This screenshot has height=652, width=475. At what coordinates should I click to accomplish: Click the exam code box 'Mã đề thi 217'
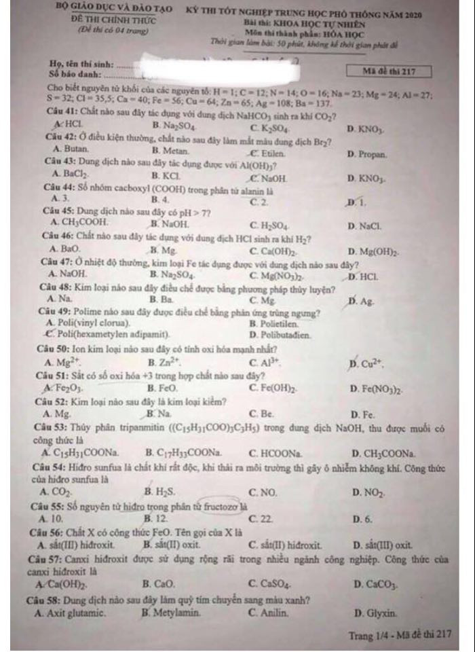pyautogui.click(x=389, y=71)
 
